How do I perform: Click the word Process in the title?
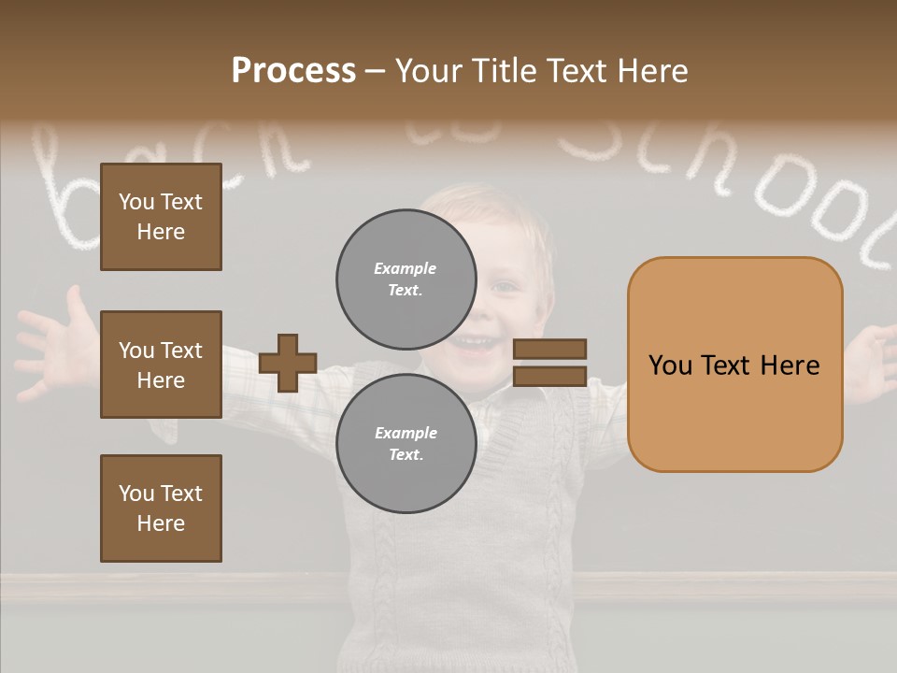tap(293, 71)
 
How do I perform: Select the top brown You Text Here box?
tap(161, 217)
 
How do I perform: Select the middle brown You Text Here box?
tap(161, 365)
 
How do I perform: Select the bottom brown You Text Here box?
tap(161, 508)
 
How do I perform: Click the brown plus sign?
tap(288, 363)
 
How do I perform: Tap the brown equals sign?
tap(549, 363)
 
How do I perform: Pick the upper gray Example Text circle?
tap(406, 279)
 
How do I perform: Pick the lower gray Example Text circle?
tap(406, 443)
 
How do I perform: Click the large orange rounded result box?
tap(734, 365)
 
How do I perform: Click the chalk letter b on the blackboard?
tap(75, 201)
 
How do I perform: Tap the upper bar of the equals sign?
tap(549, 349)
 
